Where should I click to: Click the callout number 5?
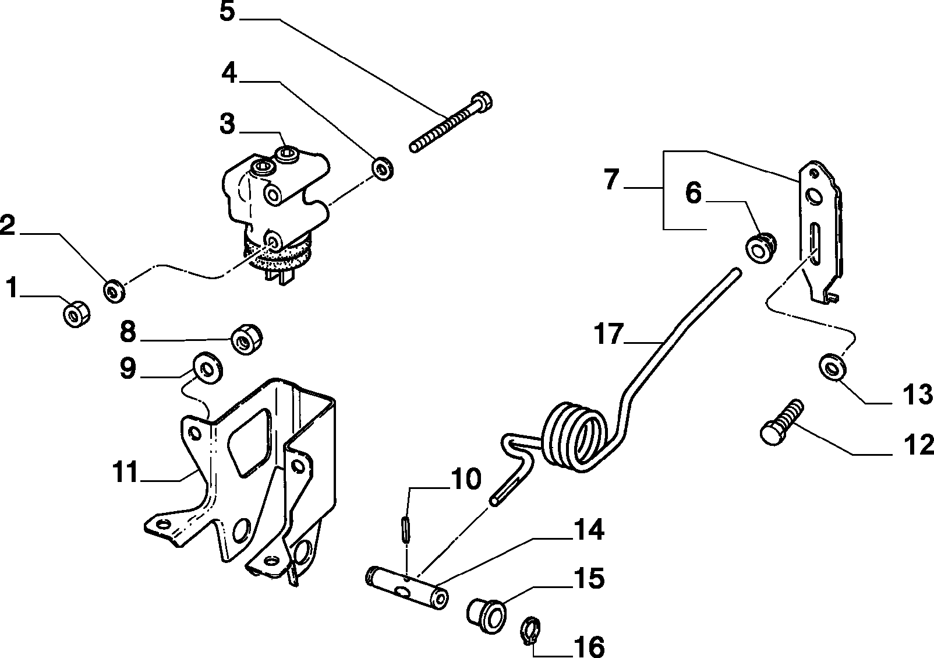pos(227,12)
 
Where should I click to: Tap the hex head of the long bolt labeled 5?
pos(482,101)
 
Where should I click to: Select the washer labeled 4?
pos(383,168)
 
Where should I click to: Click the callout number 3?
pos(227,124)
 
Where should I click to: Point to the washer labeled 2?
pos(114,291)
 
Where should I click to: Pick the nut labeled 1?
pos(77,314)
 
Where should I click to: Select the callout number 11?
pos(125,472)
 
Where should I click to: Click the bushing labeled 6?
pos(760,248)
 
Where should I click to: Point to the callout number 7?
pos(611,180)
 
